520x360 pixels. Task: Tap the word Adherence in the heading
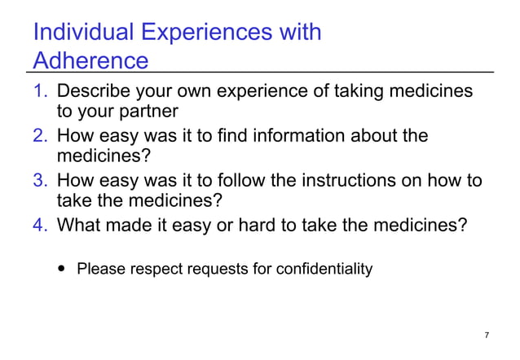tap(90, 61)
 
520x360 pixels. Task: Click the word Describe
tap(96, 91)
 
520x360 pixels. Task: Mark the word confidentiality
tap(325, 269)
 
